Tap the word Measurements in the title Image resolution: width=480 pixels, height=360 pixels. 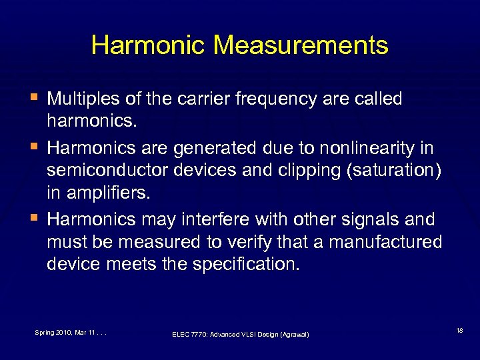coord(301,45)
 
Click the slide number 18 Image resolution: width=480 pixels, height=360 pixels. coord(459,329)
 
